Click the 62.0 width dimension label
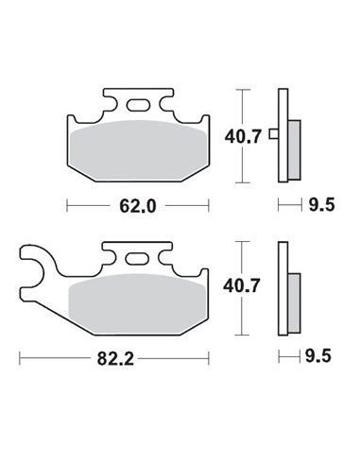[138, 203]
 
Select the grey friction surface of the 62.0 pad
[138, 150]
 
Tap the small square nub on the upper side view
[273, 133]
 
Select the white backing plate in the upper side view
[283, 132]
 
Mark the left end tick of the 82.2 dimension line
[21, 358]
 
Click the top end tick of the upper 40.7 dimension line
[246, 88]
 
